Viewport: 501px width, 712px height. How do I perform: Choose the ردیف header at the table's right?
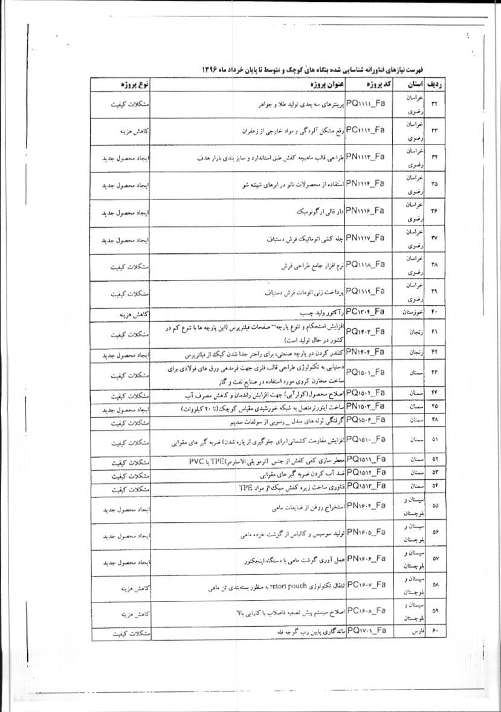point(435,83)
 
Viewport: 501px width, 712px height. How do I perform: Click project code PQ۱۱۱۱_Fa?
point(365,104)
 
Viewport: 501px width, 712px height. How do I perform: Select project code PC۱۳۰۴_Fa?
point(365,312)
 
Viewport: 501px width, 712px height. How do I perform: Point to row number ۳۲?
point(435,104)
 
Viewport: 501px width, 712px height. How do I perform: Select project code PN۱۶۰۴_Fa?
point(365,505)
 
